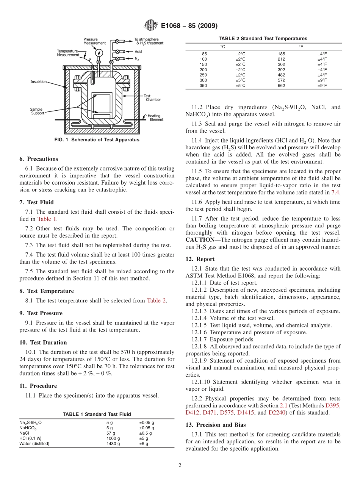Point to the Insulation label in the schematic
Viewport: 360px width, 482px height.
(39, 81)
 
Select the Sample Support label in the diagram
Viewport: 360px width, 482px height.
(37, 111)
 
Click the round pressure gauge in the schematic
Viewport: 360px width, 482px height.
(99, 52)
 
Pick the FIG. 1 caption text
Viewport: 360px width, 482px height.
(97, 140)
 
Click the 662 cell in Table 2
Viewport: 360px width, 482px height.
(281, 86)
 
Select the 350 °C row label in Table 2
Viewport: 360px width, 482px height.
(204, 86)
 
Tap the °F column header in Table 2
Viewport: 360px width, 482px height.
(301, 46)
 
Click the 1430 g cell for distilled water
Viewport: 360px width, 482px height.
(113, 443)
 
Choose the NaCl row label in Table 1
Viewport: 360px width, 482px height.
(24, 433)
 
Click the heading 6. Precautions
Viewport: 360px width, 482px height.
(39, 159)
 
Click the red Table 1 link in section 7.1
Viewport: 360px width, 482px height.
(47, 219)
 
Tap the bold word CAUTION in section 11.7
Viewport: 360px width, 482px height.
(200, 239)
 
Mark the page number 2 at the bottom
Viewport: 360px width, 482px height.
(180, 466)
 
